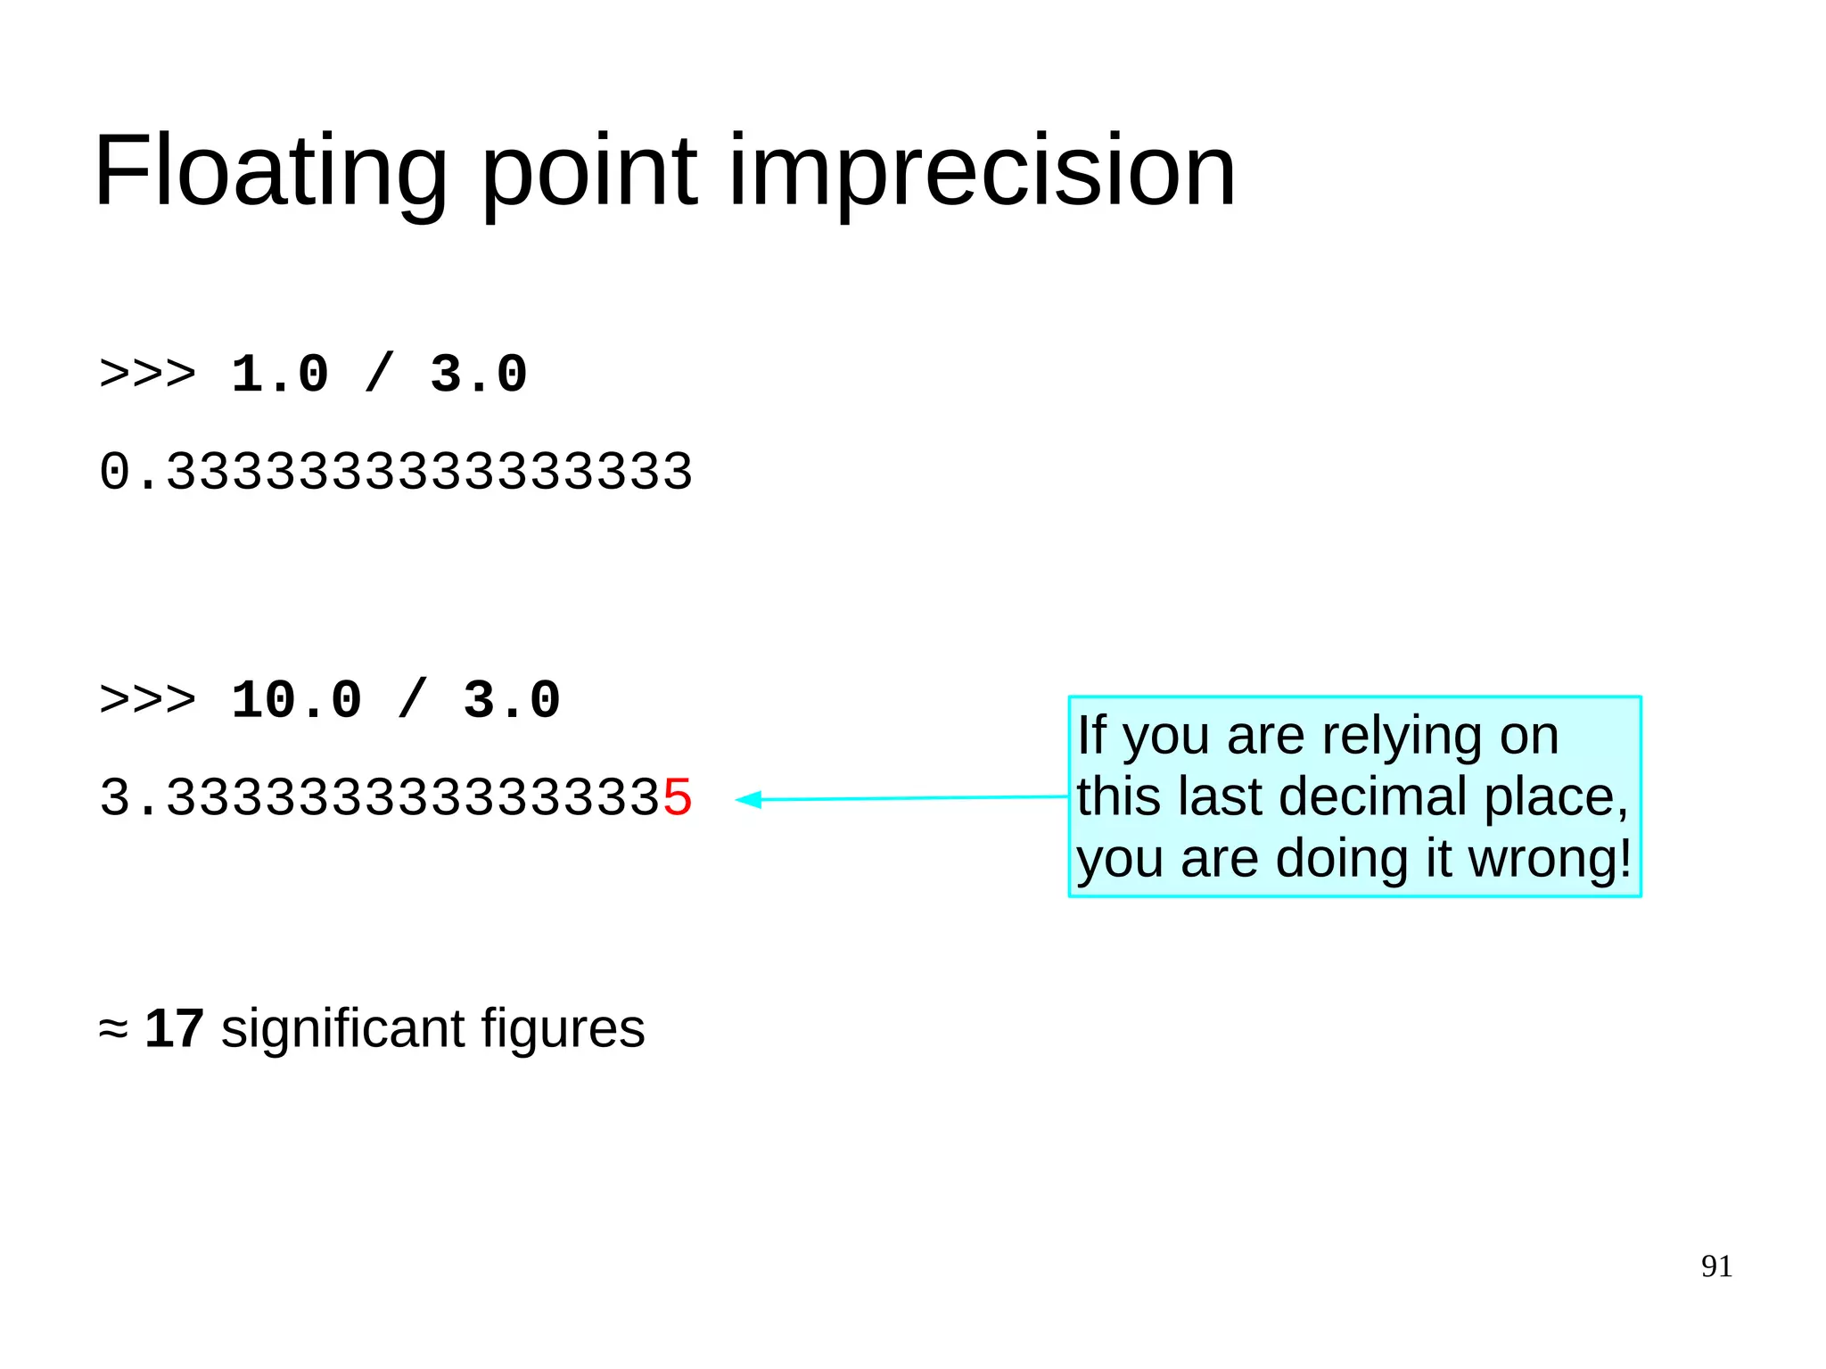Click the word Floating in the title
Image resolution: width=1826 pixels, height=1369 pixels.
pos(270,171)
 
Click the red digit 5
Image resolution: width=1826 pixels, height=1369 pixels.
pos(678,797)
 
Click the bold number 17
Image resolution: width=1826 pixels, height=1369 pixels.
pos(174,1028)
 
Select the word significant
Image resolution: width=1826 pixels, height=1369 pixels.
pos(342,1028)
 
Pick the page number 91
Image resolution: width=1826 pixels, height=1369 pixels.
pos(1716,1266)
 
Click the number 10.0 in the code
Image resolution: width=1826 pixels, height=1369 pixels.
pos(296,700)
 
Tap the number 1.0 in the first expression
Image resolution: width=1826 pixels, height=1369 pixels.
pos(280,375)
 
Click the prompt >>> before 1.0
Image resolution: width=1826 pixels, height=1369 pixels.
pos(147,375)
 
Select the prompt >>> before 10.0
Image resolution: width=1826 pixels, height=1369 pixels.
pos(147,700)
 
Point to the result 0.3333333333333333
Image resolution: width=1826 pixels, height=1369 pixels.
pos(396,472)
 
